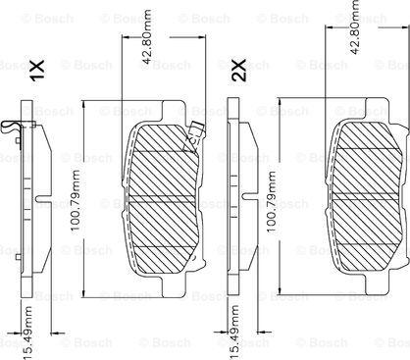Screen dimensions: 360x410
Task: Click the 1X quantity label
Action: (38, 72)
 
